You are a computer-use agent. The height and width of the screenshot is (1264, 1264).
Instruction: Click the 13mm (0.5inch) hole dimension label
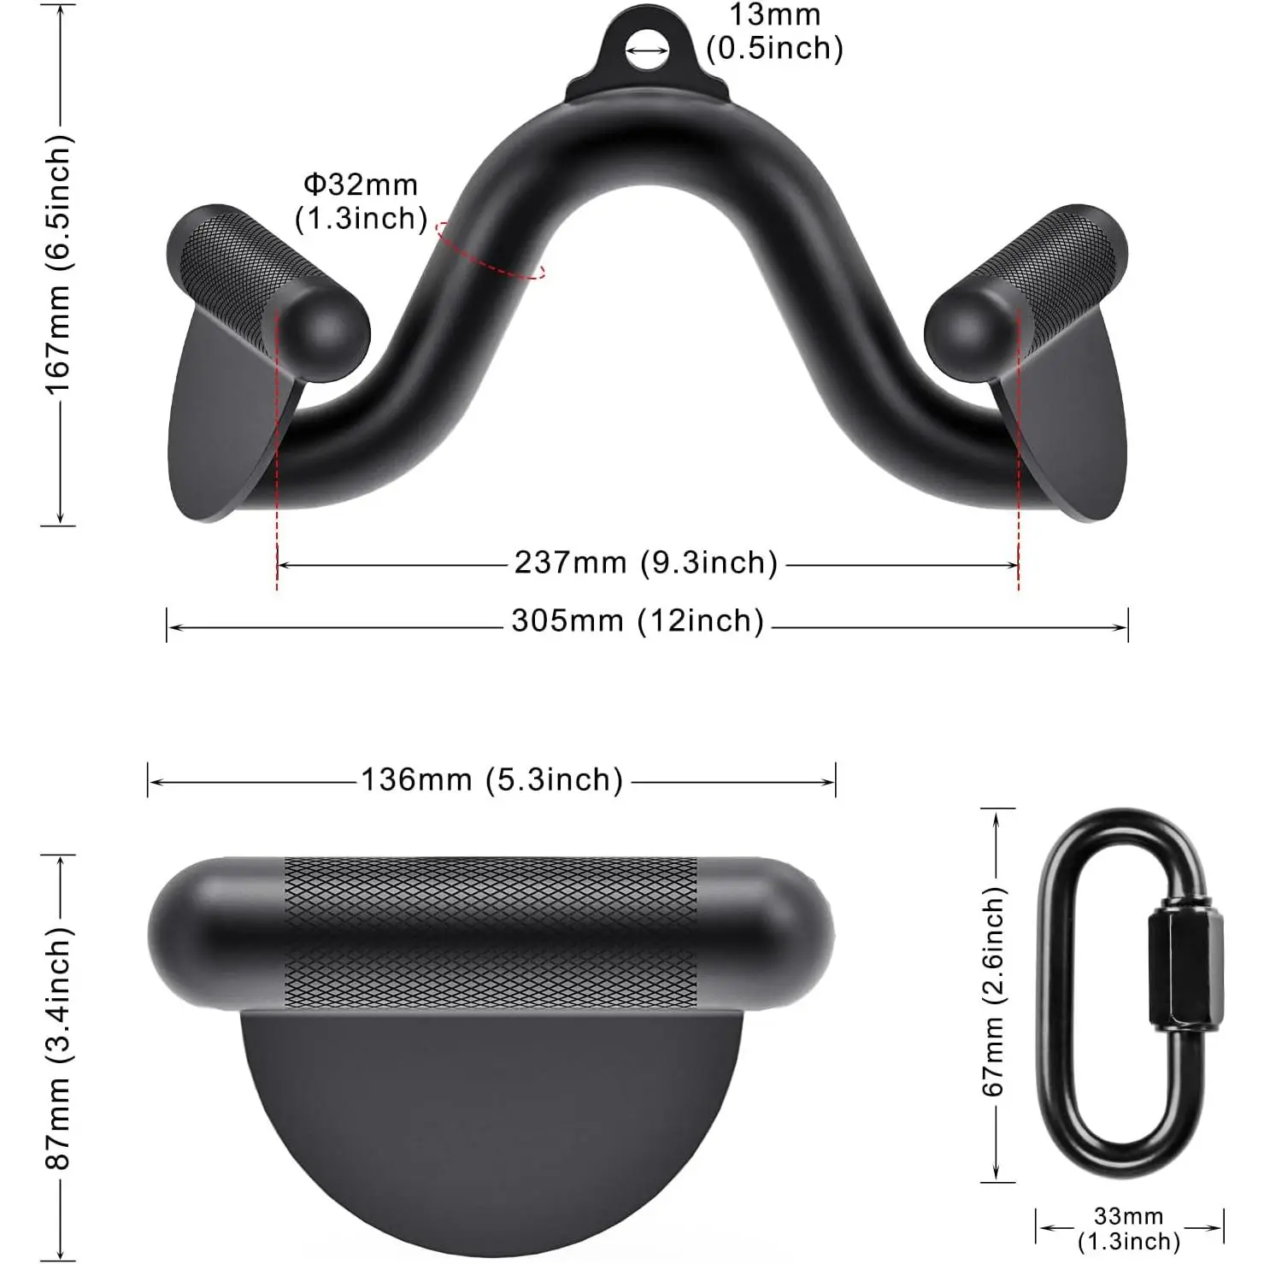(774, 32)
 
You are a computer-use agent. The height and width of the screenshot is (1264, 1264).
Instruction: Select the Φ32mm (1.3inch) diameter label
(361, 202)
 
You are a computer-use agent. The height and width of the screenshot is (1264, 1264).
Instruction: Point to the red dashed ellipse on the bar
(490, 250)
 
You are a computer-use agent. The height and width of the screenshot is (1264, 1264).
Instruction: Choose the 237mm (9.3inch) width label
(646, 562)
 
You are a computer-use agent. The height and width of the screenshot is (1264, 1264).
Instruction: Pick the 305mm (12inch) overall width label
(638, 620)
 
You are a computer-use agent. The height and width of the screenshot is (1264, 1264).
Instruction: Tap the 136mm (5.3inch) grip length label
(491, 779)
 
